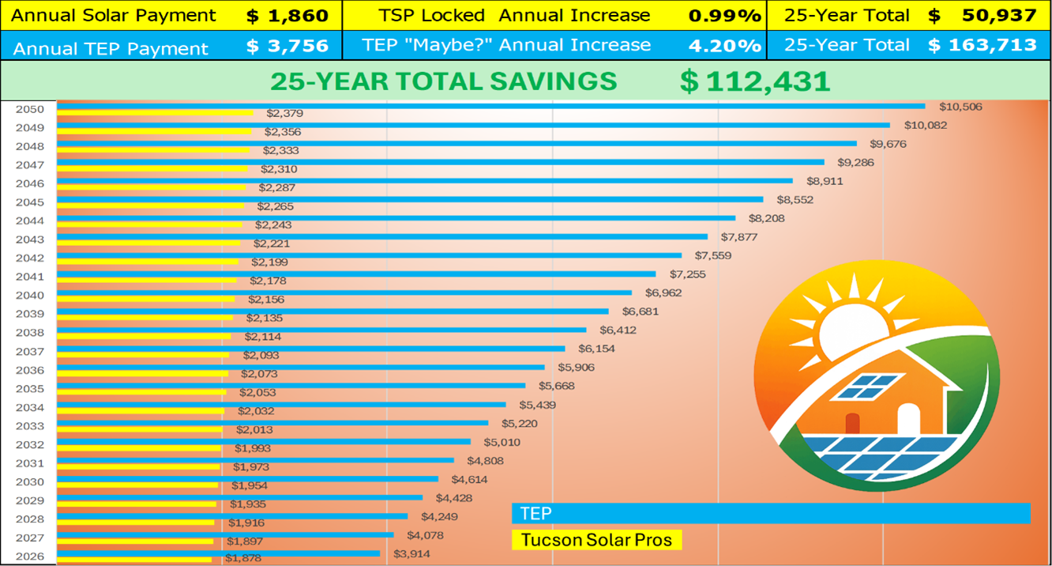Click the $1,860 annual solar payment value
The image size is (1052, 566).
tap(287, 15)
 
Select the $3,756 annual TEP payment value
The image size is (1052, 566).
tap(287, 46)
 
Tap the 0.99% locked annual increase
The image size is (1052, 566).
tap(724, 15)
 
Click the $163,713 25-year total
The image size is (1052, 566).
tap(982, 45)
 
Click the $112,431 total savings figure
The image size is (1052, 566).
tap(754, 81)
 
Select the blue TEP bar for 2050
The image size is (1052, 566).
tap(490, 106)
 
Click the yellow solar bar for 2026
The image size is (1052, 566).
tap(134, 560)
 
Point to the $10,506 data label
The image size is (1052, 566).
tap(960, 107)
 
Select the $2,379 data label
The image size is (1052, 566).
tap(284, 114)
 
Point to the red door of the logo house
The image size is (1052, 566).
tap(852, 424)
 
